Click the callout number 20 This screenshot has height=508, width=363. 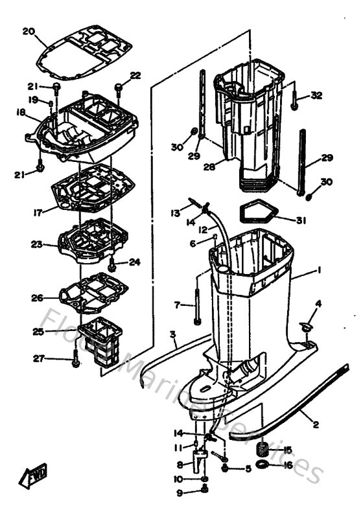[28, 31]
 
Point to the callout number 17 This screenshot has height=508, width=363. [38, 211]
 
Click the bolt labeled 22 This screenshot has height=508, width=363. [120, 87]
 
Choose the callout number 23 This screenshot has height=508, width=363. [36, 245]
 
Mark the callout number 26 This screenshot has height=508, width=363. [36, 298]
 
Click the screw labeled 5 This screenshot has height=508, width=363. [224, 468]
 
